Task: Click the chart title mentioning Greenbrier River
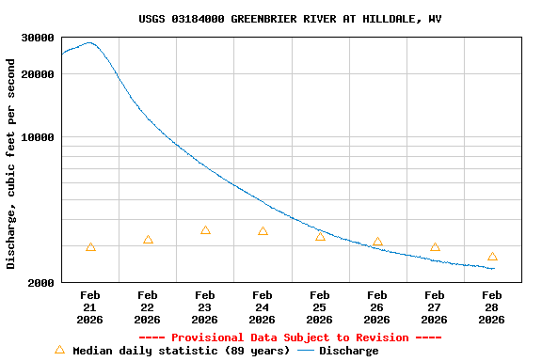tap(290, 19)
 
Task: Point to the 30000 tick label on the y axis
tap(38, 38)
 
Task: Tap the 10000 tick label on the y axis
tap(38, 137)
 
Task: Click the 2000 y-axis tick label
tap(41, 282)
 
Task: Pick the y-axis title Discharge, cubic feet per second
tap(11, 164)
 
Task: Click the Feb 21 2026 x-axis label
tap(90, 307)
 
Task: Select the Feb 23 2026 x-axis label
tap(205, 307)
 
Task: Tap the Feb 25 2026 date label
tap(320, 307)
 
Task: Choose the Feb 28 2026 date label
tap(491, 307)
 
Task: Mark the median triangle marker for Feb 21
tap(90, 247)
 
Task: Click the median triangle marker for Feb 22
tap(148, 240)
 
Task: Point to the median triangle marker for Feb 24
tap(263, 231)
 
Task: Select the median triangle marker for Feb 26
tap(377, 242)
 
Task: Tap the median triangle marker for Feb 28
tap(492, 257)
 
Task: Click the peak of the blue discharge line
tap(89, 42)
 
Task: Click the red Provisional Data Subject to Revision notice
tap(290, 337)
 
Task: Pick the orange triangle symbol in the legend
tap(59, 350)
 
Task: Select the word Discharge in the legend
tap(348, 351)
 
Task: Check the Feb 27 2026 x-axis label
tap(435, 307)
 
